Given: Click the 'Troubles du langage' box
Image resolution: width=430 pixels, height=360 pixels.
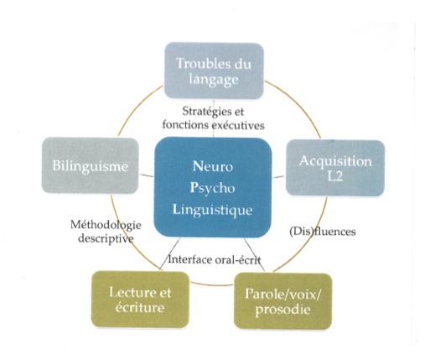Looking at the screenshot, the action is (x=214, y=70).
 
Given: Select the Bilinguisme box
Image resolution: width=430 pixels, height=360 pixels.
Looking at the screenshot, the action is (x=91, y=165).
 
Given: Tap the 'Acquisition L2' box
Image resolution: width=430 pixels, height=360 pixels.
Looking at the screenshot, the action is (x=335, y=168).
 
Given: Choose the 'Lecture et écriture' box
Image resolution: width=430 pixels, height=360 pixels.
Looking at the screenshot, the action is (x=140, y=300).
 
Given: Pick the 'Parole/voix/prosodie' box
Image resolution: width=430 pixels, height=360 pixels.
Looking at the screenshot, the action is (x=283, y=301).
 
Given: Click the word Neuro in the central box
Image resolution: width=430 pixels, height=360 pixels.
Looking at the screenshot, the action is (x=213, y=166).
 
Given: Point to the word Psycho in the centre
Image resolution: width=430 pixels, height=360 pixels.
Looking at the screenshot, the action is (x=212, y=188).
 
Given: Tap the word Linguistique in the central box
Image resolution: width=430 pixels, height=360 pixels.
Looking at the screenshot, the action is (x=213, y=210).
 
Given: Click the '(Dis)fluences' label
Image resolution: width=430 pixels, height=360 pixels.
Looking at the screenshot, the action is (x=323, y=232).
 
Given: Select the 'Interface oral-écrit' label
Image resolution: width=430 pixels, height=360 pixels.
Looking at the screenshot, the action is (x=215, y=260).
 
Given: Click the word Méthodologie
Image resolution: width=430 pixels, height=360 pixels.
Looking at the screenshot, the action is (x=106, y=225).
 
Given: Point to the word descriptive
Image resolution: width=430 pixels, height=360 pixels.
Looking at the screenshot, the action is (x=106, y=238).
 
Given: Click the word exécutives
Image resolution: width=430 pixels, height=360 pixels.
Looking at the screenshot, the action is (x=238, y=125).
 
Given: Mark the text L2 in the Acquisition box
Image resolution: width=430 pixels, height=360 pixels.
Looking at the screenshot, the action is (x=335, y=176).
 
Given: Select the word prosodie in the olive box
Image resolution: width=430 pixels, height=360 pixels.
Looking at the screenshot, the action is (x=282, y=310).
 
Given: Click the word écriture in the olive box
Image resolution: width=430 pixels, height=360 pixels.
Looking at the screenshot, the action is (x=140, y=307).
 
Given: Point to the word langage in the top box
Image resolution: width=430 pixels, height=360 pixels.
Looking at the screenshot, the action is (x=214, y=80).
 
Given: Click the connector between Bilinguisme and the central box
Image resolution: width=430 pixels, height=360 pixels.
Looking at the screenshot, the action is (x=147, y=175).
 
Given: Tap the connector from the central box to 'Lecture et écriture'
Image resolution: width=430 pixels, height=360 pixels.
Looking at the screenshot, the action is (x=170, y=254).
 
